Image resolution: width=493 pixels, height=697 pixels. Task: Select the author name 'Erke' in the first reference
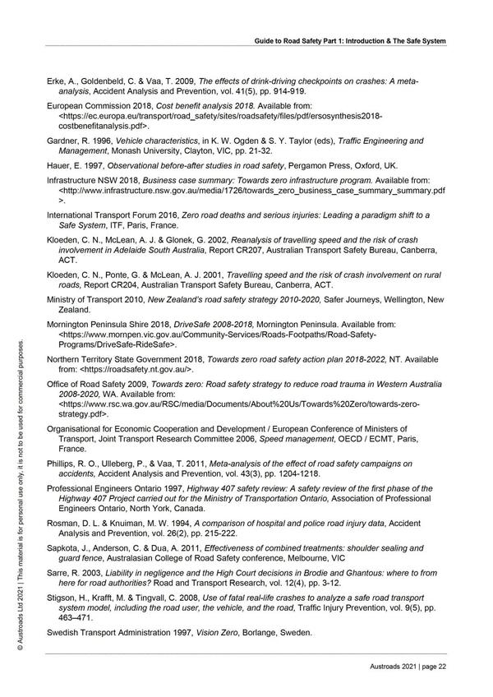tap(56, 81)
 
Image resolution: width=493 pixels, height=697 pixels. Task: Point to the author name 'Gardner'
tap(64, 141)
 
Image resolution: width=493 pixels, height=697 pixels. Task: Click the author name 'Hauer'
tap(58, 164)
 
